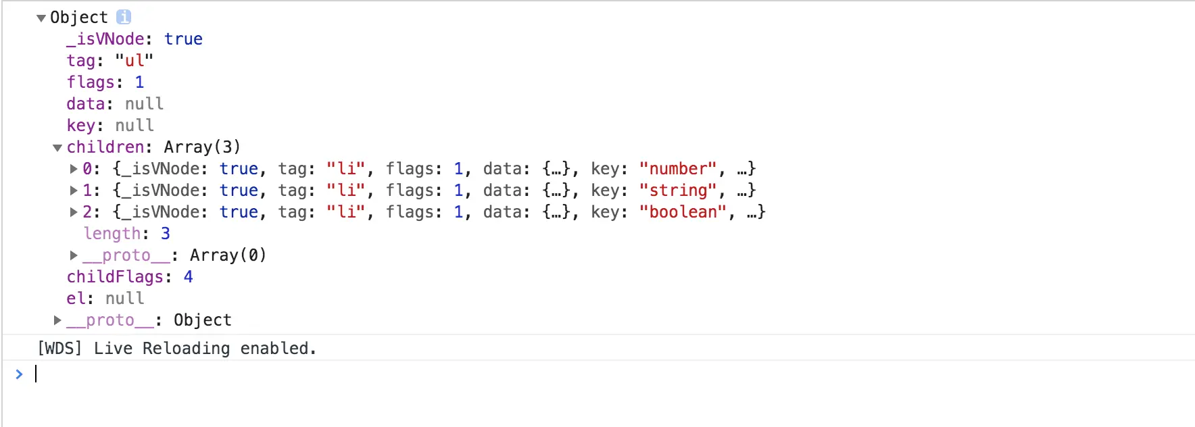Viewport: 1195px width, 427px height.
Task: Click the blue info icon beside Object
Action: click(124, 17)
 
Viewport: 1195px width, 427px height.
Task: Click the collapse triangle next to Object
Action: click(41, 18)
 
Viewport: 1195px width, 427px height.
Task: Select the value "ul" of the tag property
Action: click(134, 61)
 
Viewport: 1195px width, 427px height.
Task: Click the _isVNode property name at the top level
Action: click(105, 39)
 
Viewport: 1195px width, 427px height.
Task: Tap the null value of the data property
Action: click(144, 104)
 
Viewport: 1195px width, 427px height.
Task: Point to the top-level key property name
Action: click(80, 126)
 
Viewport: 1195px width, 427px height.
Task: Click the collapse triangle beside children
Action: click(57, 148)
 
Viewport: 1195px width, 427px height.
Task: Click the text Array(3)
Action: click(201, 147)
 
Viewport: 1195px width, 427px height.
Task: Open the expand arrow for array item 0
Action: click(74, 169)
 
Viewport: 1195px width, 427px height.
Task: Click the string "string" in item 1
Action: click(677, 191)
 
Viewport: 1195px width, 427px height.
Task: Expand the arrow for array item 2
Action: click(74, 212)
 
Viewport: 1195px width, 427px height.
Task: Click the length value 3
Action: click(166, 234)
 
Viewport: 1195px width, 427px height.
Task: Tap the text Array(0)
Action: click(228, 255)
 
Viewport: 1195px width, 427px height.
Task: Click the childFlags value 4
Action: click(188, 277)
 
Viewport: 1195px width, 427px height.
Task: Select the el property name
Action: click(76, 299)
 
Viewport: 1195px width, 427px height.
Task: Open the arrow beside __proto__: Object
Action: click(57, 320)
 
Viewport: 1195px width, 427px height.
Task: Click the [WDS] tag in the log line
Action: click(59, 349)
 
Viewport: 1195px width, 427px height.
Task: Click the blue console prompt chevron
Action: click(19, 374)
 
